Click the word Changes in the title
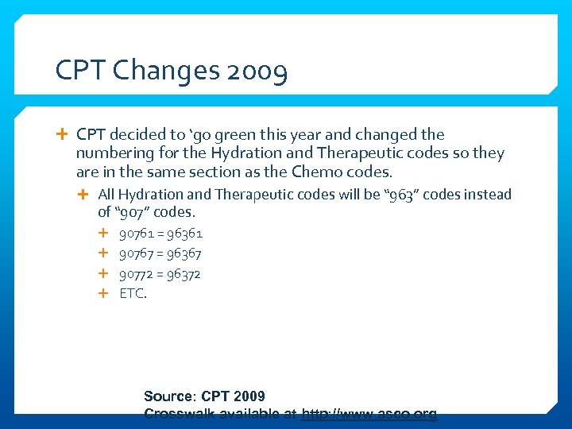click(x=166, y=71)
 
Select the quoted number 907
click(x=133, y=212)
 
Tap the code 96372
click(x=184, y=274)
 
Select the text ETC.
click(x=133, y=294)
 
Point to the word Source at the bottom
click(x=168, y=396)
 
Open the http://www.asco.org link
click(x=369, y=414)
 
